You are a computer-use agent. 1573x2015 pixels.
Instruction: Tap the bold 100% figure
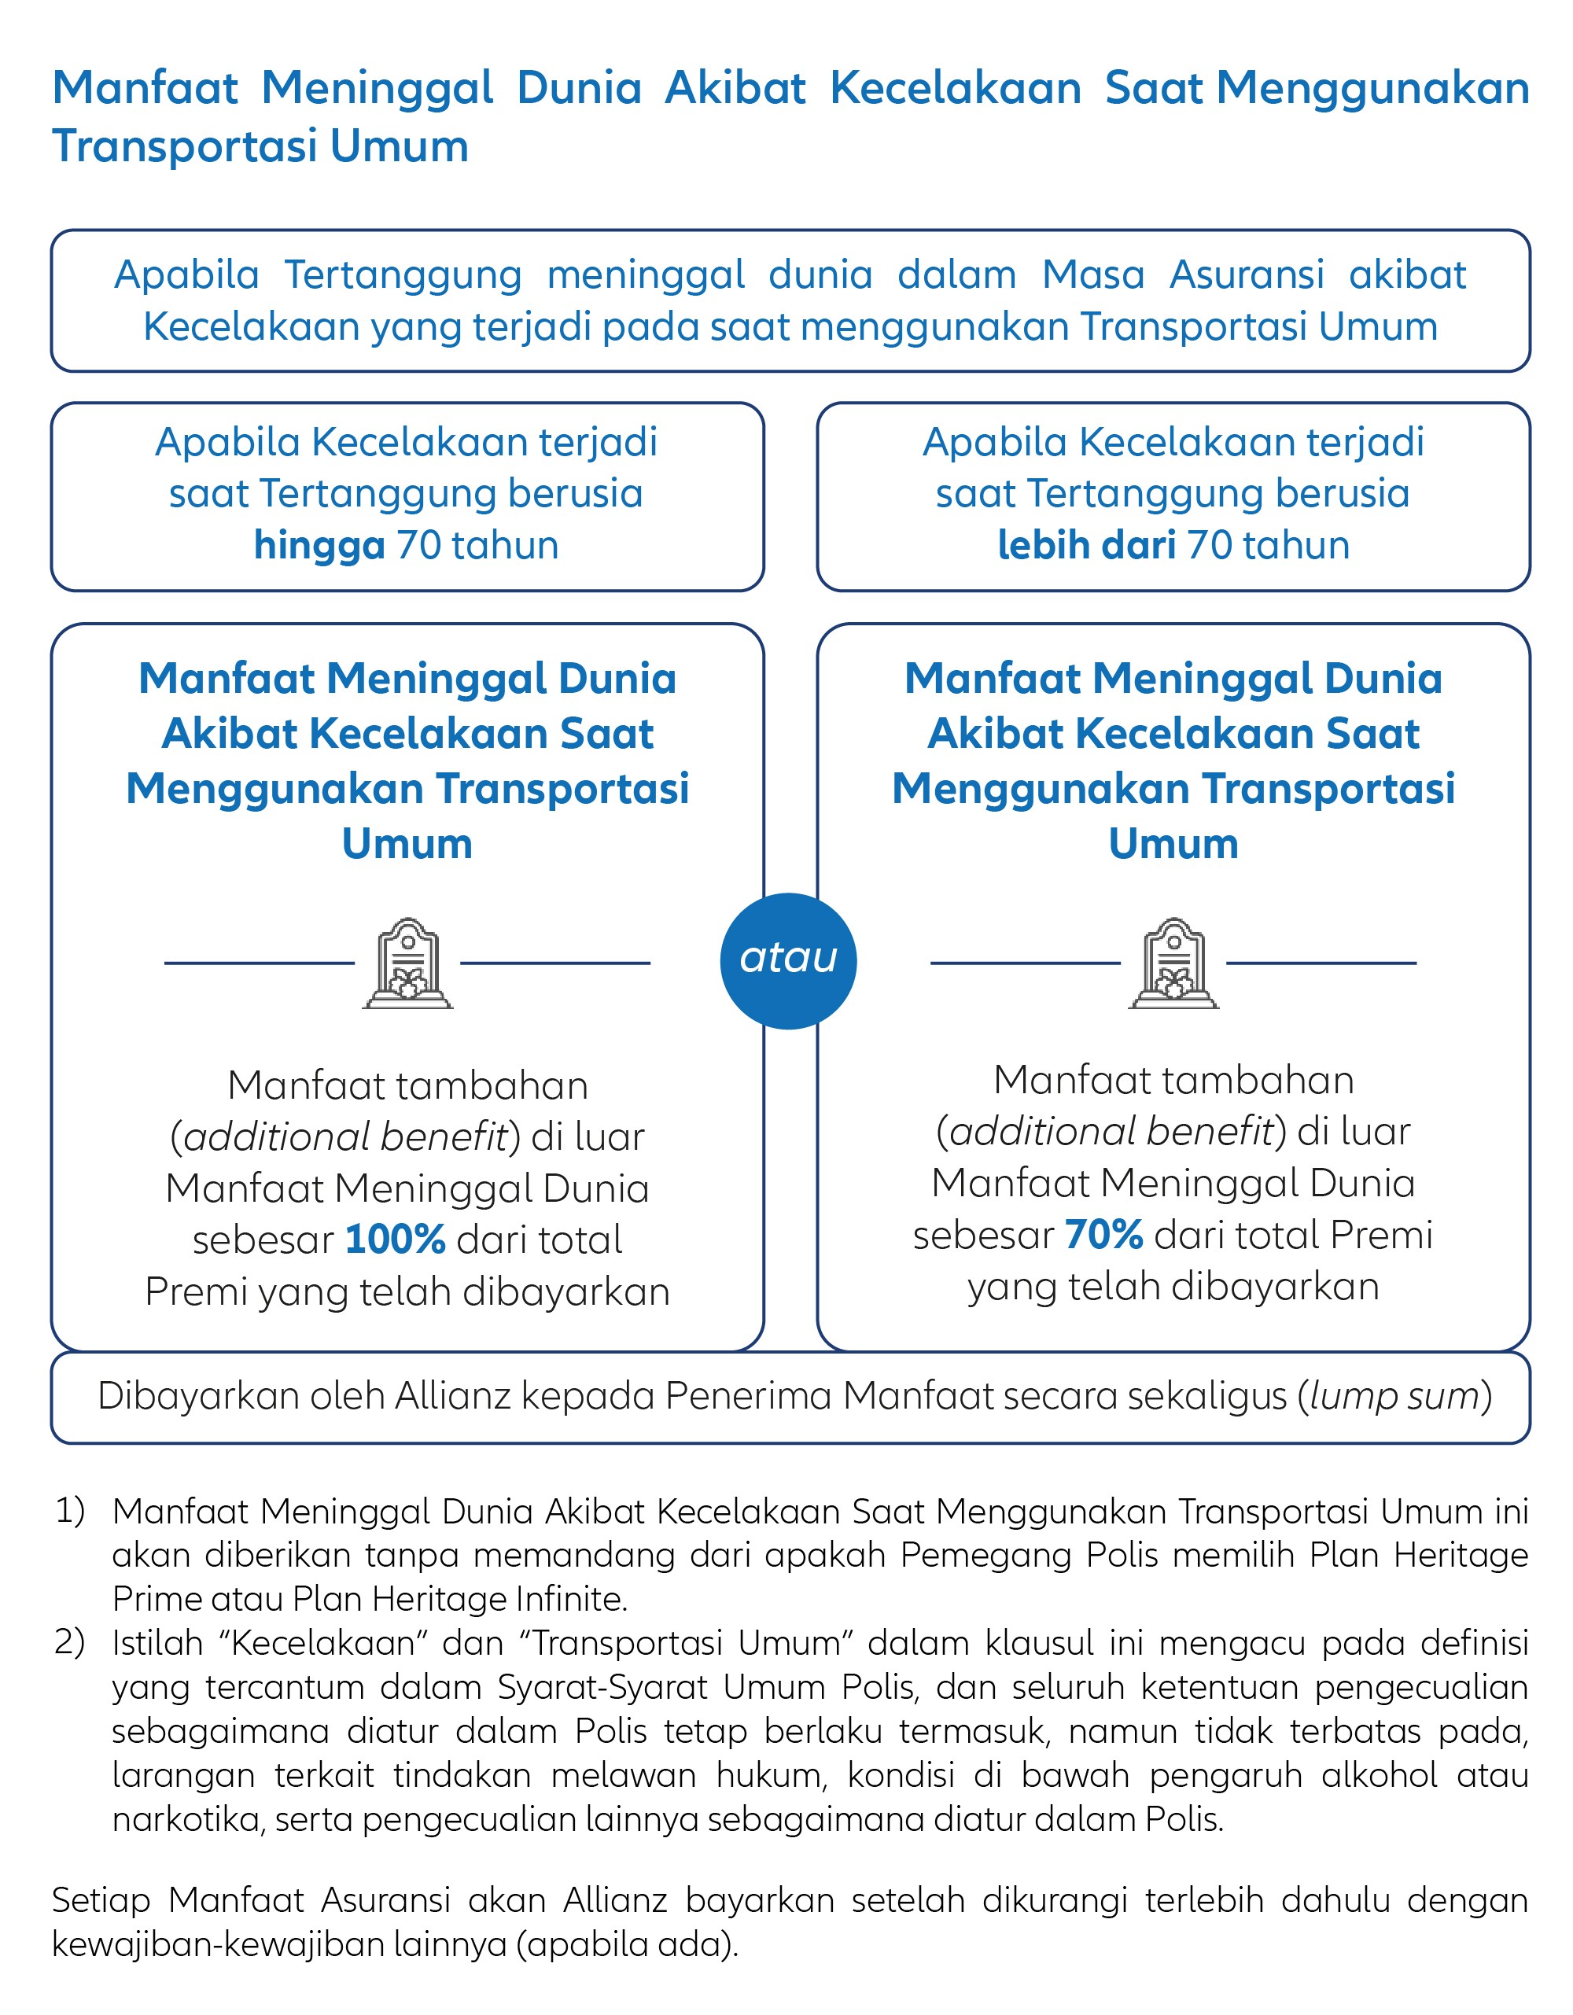click(x=395, y=1239)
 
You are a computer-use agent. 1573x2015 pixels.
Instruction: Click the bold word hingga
click(x=319, y=544)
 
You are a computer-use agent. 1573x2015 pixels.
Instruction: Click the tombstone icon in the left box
click(x=407, y=963)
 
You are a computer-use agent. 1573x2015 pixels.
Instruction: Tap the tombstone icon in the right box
click(x=1173, y=963)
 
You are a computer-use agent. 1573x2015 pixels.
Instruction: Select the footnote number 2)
click(x=70, y=1642)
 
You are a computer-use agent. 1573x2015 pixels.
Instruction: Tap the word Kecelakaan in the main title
click(x=955, y=89)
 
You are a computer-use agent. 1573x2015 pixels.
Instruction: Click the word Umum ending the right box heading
click(x=1173, y=843)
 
